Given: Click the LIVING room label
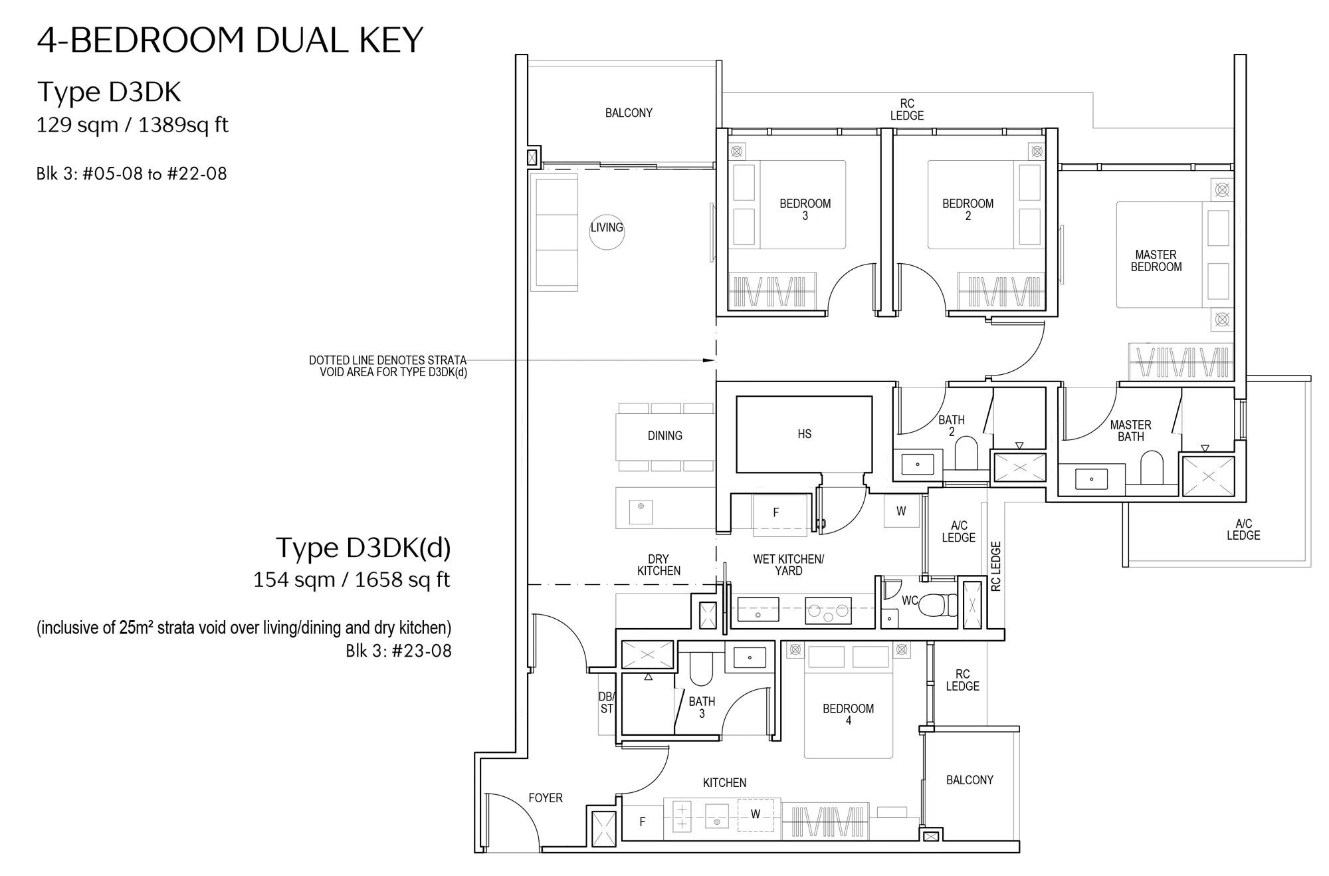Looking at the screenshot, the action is click(x=607, y=227).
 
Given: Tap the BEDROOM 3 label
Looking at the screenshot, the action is click(x=805, y=209).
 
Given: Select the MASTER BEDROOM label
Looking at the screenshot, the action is click(x=1156, y=261).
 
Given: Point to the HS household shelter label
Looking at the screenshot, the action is click(x=804, y=434).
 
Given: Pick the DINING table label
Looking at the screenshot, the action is click(x=664, y=436).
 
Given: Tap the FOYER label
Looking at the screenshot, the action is click(x=546, y=798).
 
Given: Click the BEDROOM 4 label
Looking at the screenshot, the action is click(x=848, y=714).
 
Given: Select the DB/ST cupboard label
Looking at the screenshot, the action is click(x=607, y=703).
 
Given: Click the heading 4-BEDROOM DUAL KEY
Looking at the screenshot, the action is click(x=230, y=40).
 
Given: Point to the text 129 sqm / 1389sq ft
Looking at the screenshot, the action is click(x=132, y=125).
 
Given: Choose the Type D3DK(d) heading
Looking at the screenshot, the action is click(x=363, y=548).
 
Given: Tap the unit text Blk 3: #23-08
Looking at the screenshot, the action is click(x=399, y=651).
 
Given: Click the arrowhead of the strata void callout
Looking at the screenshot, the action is click(x=709, y=360).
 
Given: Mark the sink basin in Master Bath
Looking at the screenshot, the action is click(x=1091, y=479).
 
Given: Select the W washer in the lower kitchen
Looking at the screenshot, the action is click(x=756, y=814).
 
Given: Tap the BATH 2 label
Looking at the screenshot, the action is click(x=952, y=425).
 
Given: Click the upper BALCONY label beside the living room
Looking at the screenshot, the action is click(x=629, y=113).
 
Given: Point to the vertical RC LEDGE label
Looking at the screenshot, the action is click(x=995, y=566).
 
